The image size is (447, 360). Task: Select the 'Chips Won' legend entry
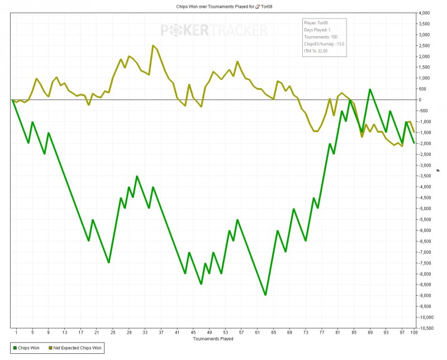26,348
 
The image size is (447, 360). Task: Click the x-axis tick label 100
414,333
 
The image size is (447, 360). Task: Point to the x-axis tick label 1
16,333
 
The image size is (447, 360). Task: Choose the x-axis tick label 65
274,333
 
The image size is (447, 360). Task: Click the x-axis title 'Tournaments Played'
213,339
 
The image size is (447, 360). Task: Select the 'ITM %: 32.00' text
316,50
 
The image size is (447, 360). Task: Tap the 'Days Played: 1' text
317,30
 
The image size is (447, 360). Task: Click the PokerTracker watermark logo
214,30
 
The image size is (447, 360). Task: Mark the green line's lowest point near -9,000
265,295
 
